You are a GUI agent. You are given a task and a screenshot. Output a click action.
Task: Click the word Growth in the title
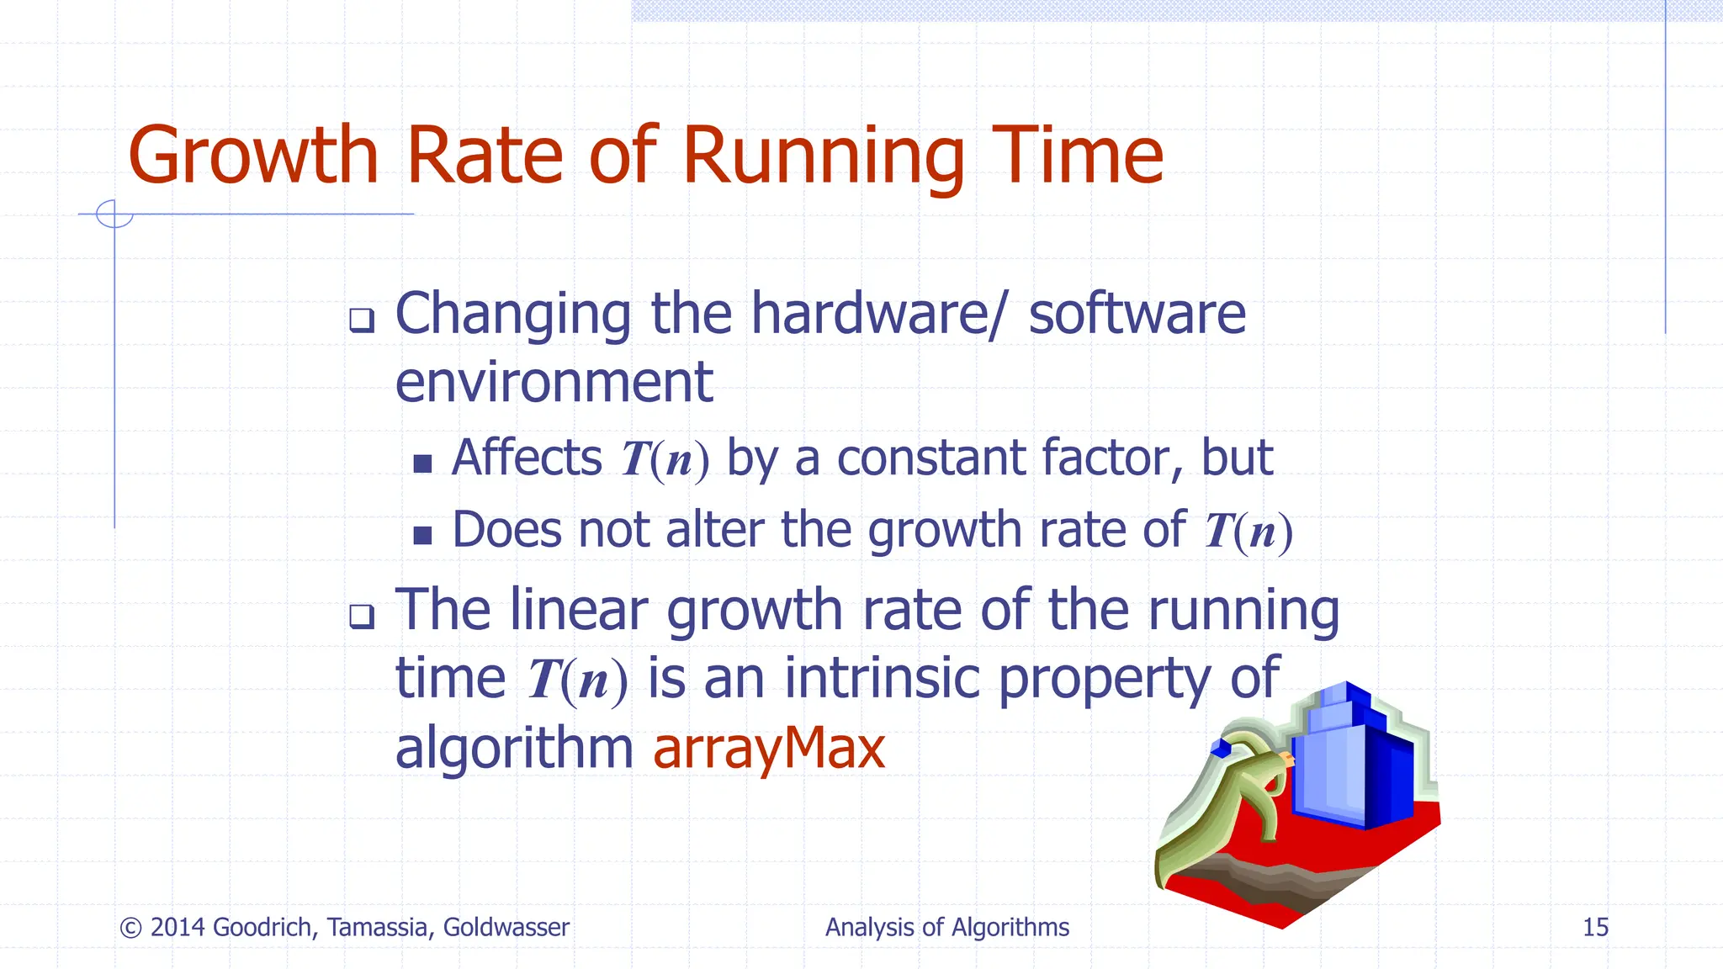coord(252,156)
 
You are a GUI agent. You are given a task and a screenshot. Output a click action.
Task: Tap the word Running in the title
coord(823,156)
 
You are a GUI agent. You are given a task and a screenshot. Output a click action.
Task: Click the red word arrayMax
coord(768,748)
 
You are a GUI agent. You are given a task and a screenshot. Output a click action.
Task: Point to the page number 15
coord(1595,927)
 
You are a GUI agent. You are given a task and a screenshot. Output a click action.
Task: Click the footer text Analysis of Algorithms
coord(946,927)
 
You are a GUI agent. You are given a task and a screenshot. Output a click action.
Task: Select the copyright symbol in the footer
coord(130,928)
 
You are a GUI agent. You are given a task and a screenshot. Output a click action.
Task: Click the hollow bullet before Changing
coord(362,320)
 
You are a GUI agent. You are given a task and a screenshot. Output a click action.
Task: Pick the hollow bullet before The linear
coord(362,617)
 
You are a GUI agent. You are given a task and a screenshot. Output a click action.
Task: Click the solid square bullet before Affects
coord(422,463)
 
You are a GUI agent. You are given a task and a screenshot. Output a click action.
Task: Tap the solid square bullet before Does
coord(422,535)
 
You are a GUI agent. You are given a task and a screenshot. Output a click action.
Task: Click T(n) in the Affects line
coord(665,460)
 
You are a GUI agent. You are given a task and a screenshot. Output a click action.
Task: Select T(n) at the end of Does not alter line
coord(1248,532)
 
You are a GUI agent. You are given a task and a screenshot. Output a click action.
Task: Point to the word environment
coord(554,383)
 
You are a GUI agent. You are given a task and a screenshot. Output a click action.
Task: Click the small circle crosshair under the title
coord(114,214)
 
